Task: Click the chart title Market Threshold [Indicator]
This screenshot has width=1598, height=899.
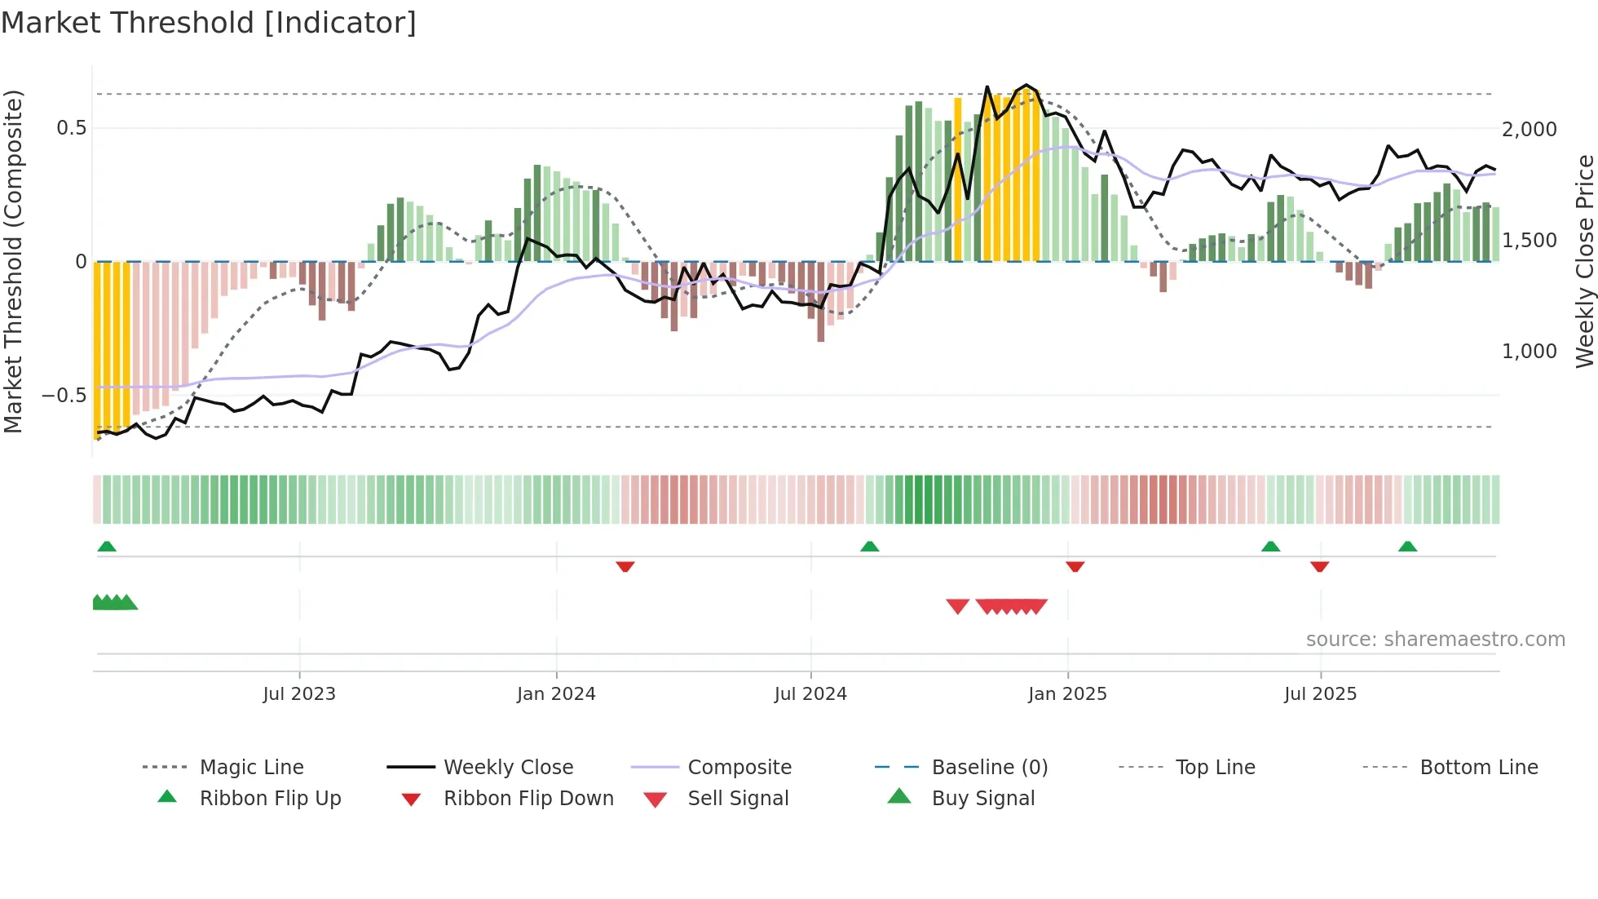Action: click(x=209, y=23)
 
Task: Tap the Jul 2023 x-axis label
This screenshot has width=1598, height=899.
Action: click(x=299, y=693)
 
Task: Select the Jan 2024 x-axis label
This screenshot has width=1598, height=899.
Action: click(x=556, y=693)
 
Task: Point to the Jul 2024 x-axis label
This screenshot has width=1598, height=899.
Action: click(x=810, y=693)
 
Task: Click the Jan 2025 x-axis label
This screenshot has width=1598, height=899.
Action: click(x=1067, y=693)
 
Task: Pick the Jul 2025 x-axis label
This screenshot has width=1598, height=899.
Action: click(x=1320, y=693)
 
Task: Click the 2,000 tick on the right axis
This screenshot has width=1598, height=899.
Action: click(x=1529, y=129)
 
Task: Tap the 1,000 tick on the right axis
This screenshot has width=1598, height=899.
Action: click(x=1529, y=352)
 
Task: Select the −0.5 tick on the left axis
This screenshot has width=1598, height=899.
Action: click(x=64, y=396)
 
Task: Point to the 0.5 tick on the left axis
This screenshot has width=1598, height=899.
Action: click(x=71, y=128)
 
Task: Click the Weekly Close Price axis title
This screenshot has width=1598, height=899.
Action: click(x=1584, y=261)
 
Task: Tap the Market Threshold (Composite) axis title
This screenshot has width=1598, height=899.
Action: click(x=13, y=261)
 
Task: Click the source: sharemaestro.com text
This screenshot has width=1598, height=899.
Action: click(x=1435, y=639)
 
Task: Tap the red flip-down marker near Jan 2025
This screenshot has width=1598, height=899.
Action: click(x=1075, y=566)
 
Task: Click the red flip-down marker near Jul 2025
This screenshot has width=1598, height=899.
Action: click(x=1319, y=566)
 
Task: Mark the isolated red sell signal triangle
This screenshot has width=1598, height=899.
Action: click(x=957, y=606)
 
